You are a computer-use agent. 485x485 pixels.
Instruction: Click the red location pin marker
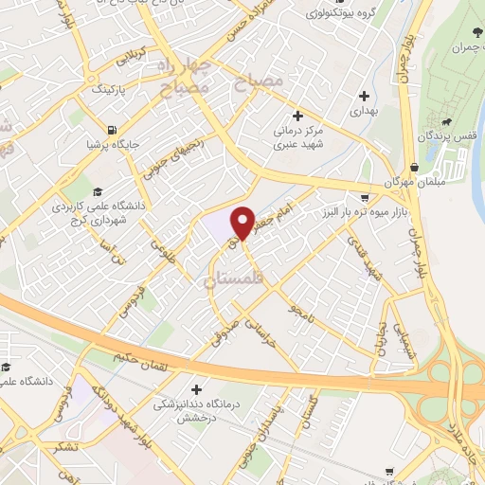[x=242, y=222]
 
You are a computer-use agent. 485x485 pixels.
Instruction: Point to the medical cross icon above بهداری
[x=365, y=96]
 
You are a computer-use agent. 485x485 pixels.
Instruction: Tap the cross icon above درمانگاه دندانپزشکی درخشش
[x=195, y=389]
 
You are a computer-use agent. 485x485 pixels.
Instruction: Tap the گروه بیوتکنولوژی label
[x=338, y=13]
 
